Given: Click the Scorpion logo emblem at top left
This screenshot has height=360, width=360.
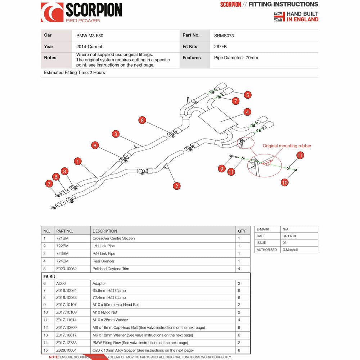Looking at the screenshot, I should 52,12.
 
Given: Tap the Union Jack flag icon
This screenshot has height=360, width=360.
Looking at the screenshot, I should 279,17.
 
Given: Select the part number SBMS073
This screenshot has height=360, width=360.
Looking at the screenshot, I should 224,36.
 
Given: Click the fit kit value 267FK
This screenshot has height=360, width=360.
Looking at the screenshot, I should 220,46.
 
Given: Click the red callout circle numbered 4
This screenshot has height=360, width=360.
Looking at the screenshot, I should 247,112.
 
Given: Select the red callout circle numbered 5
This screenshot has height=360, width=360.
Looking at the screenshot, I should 247,95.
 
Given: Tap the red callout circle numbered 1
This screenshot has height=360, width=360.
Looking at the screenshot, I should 78,161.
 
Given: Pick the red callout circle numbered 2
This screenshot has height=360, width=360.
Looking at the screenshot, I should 176,186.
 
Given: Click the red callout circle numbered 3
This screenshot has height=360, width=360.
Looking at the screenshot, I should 115,134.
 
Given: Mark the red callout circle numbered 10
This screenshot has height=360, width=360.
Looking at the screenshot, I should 284,182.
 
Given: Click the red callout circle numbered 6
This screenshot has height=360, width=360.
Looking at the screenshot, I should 56,176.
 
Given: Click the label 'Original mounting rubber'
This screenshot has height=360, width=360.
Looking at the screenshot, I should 287,146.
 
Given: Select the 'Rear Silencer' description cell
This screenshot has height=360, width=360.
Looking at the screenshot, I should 104,261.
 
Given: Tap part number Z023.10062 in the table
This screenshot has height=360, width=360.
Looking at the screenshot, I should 67,269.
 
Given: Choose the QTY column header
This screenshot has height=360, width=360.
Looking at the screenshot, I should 242,231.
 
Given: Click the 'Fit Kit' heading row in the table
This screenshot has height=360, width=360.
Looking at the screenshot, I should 49,276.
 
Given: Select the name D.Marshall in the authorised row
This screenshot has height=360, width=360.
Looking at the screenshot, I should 290,249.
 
